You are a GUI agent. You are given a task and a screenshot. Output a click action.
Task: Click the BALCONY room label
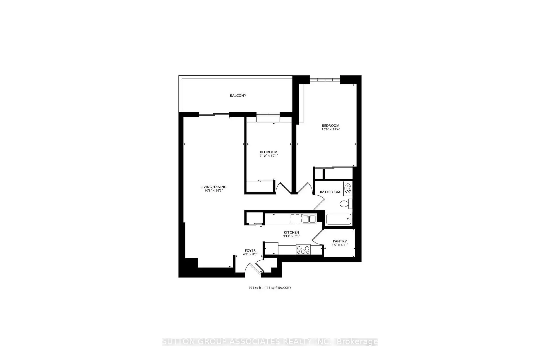click(x=238, y=96)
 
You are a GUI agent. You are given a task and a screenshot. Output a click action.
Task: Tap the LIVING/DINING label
click(x=213, y=187)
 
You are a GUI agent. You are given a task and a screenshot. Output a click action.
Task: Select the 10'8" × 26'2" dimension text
click(x=213, y=191)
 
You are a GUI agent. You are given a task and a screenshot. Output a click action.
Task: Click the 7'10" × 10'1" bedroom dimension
click(x=269, y=156)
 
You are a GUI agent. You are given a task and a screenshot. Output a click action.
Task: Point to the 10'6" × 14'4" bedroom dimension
click(x=331, y=129)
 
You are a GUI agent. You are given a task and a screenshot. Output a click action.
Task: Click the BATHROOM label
click(x=330, y=192)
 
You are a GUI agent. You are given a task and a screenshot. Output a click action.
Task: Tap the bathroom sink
click(x=348, y=188)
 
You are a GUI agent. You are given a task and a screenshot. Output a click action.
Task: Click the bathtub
click(x=339, y=219)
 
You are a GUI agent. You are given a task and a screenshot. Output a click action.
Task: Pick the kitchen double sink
click(x=309, y=219)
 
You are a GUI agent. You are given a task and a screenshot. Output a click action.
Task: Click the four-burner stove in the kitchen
click(x=303, y=250)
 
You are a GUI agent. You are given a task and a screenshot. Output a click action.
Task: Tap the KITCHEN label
click(x=291, y=232)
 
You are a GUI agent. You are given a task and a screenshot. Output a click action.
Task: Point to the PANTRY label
click(x=340, y=241)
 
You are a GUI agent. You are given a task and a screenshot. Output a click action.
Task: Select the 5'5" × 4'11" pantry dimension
click(x=340, y=245)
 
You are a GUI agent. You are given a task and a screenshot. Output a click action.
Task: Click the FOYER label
click(x=250, y=251)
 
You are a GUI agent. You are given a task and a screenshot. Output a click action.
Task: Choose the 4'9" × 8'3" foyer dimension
click(x=250, y=254)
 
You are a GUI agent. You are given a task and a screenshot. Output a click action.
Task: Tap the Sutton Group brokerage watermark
click(x=270, y=342)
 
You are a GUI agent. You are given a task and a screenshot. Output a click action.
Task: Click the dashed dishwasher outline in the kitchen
click(x=296, y=219)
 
